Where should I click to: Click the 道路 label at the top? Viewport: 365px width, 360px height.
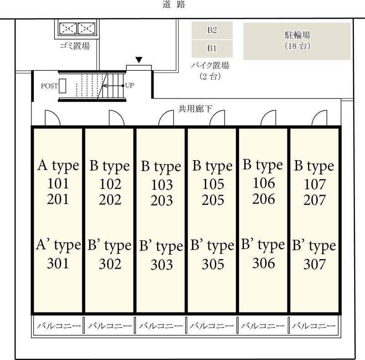tap(173, 5)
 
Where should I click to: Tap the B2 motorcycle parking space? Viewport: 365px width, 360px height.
tap(212, 31)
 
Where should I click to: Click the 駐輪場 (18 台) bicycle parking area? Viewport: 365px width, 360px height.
tap(297, 41)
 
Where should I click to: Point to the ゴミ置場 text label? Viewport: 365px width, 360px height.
tap(74, 46)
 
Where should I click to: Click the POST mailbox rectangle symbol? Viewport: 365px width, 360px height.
tap(63, 86)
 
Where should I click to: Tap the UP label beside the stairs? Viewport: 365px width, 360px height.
tap(130, 85)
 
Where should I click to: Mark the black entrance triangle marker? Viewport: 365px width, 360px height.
tap(139, 60)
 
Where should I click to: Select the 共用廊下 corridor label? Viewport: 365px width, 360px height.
tap(195, 109)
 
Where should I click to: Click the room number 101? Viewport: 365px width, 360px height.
tap(58, 184)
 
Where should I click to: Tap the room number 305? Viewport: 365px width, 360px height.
tap(213, 264)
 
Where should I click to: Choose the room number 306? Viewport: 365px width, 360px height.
tap(264, 263)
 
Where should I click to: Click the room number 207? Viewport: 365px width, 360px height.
tap(315, 200)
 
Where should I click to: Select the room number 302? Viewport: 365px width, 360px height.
tap(110, 264)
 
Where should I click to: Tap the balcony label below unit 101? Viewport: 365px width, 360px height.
tap(58, 326)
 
